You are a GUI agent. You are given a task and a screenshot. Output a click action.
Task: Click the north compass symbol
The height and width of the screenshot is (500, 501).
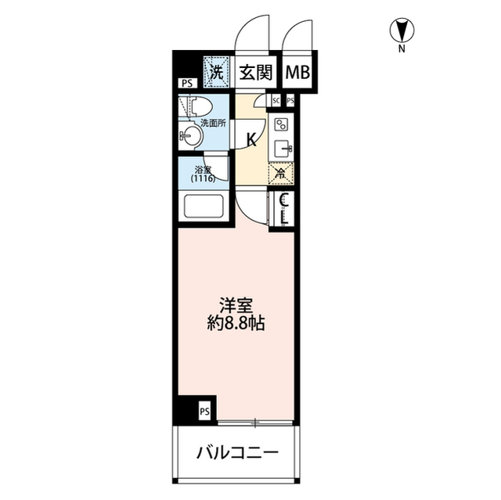point(402,31)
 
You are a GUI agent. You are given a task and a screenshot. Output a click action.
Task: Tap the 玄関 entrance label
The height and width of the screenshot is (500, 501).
point(256,73)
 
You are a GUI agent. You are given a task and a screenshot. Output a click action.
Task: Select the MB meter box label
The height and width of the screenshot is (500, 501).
point(297,73)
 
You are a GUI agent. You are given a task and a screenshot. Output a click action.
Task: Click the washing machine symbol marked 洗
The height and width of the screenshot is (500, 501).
point(216,72)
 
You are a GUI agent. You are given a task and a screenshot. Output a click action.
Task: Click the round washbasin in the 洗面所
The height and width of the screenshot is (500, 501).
point(191,136)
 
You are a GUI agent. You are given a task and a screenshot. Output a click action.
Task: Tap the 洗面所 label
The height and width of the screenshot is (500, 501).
point(213,124)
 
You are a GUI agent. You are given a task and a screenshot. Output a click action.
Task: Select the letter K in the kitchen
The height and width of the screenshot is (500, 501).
point(251,139)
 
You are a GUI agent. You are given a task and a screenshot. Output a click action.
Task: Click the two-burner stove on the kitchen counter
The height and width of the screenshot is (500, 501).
point(281,125)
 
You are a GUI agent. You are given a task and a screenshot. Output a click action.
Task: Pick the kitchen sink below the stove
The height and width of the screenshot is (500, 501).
point(282,148)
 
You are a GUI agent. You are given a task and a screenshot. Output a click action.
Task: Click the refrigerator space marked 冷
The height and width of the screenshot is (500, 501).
point(281,174)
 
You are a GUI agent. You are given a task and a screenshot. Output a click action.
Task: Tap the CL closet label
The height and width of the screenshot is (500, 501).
point(284,210)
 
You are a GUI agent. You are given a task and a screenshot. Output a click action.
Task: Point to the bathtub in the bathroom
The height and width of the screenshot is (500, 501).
point(204,206)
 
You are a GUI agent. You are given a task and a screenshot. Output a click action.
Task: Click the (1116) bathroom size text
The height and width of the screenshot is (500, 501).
point(204,178)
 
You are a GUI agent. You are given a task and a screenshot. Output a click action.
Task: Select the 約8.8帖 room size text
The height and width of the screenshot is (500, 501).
point(236,324)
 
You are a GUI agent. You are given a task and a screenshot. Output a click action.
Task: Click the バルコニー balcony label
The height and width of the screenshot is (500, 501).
point(237,452)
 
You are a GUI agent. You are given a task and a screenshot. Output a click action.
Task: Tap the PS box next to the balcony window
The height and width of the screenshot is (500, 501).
point(205,412)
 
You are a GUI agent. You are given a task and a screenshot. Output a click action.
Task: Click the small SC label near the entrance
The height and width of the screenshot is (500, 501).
point(276,101)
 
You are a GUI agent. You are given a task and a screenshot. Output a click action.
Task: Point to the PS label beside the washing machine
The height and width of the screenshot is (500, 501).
point(187,84)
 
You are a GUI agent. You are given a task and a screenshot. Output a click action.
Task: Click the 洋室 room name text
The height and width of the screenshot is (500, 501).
point(236,305)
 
